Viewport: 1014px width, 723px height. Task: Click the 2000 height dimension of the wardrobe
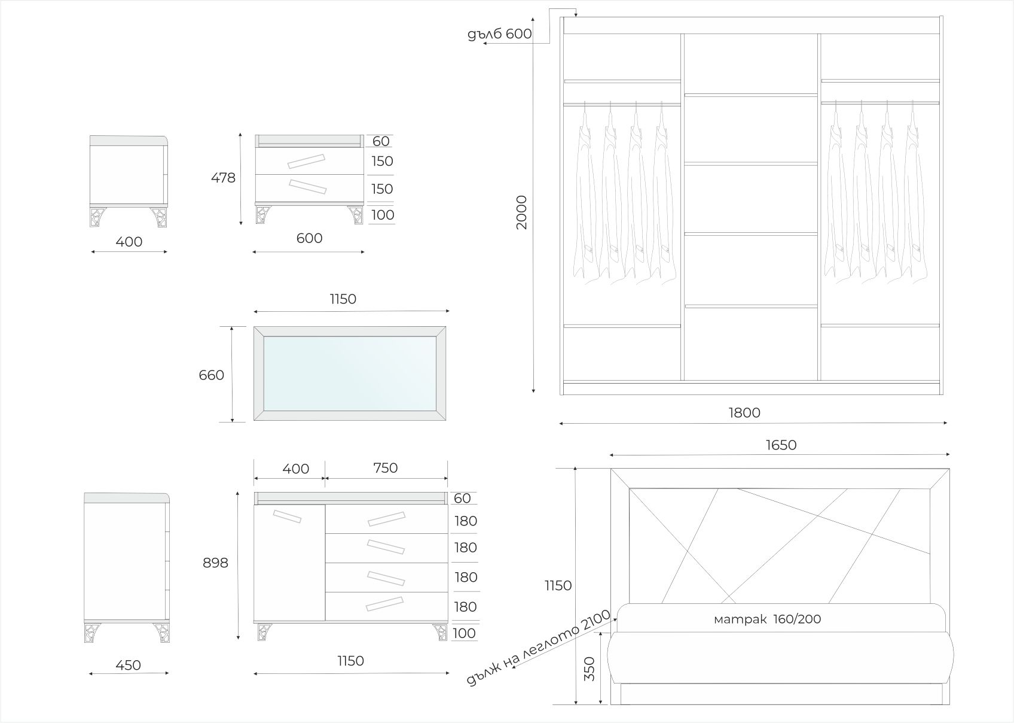522,212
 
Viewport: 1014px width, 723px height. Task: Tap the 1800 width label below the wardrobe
744,412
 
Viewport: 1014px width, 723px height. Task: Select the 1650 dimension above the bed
781,445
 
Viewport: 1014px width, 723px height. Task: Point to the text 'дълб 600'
500,34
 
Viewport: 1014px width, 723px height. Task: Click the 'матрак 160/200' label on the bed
767,619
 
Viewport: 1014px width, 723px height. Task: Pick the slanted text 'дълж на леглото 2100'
538,648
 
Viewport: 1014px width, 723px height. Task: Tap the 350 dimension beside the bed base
590,670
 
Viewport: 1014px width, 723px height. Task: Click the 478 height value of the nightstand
223,178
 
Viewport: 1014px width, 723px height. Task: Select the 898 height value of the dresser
215,563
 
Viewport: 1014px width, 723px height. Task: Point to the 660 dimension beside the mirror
212,375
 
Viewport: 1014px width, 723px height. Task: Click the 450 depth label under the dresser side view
128,665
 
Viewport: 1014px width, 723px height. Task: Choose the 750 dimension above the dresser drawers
386,467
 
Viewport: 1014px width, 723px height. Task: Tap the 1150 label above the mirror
343,299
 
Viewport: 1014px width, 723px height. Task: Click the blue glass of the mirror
350,373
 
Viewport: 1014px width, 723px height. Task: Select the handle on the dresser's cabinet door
287,516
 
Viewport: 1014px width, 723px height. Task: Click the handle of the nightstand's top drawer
306,161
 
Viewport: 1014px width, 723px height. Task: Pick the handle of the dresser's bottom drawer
385,604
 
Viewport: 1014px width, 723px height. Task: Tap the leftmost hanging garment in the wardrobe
584,198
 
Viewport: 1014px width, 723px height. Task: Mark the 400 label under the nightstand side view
129,242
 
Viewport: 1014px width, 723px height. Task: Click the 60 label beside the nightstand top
381,141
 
